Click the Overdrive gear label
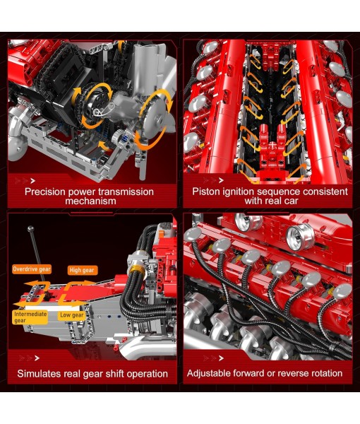coord(31,269)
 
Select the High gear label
coord(83,270)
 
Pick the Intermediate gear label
coord(30,317)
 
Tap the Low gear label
coord(71,314)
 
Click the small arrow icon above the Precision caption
coord(23,179)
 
